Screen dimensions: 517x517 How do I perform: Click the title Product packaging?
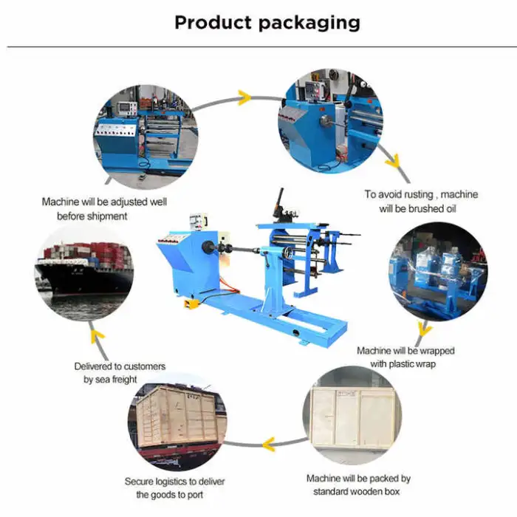267,22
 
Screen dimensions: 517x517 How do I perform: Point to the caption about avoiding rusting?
421,201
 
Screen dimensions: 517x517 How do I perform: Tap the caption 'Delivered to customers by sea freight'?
120,372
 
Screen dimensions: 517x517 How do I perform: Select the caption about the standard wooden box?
358,485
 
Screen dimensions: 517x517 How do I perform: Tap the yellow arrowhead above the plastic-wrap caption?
424,328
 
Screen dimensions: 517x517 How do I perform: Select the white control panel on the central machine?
197,222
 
